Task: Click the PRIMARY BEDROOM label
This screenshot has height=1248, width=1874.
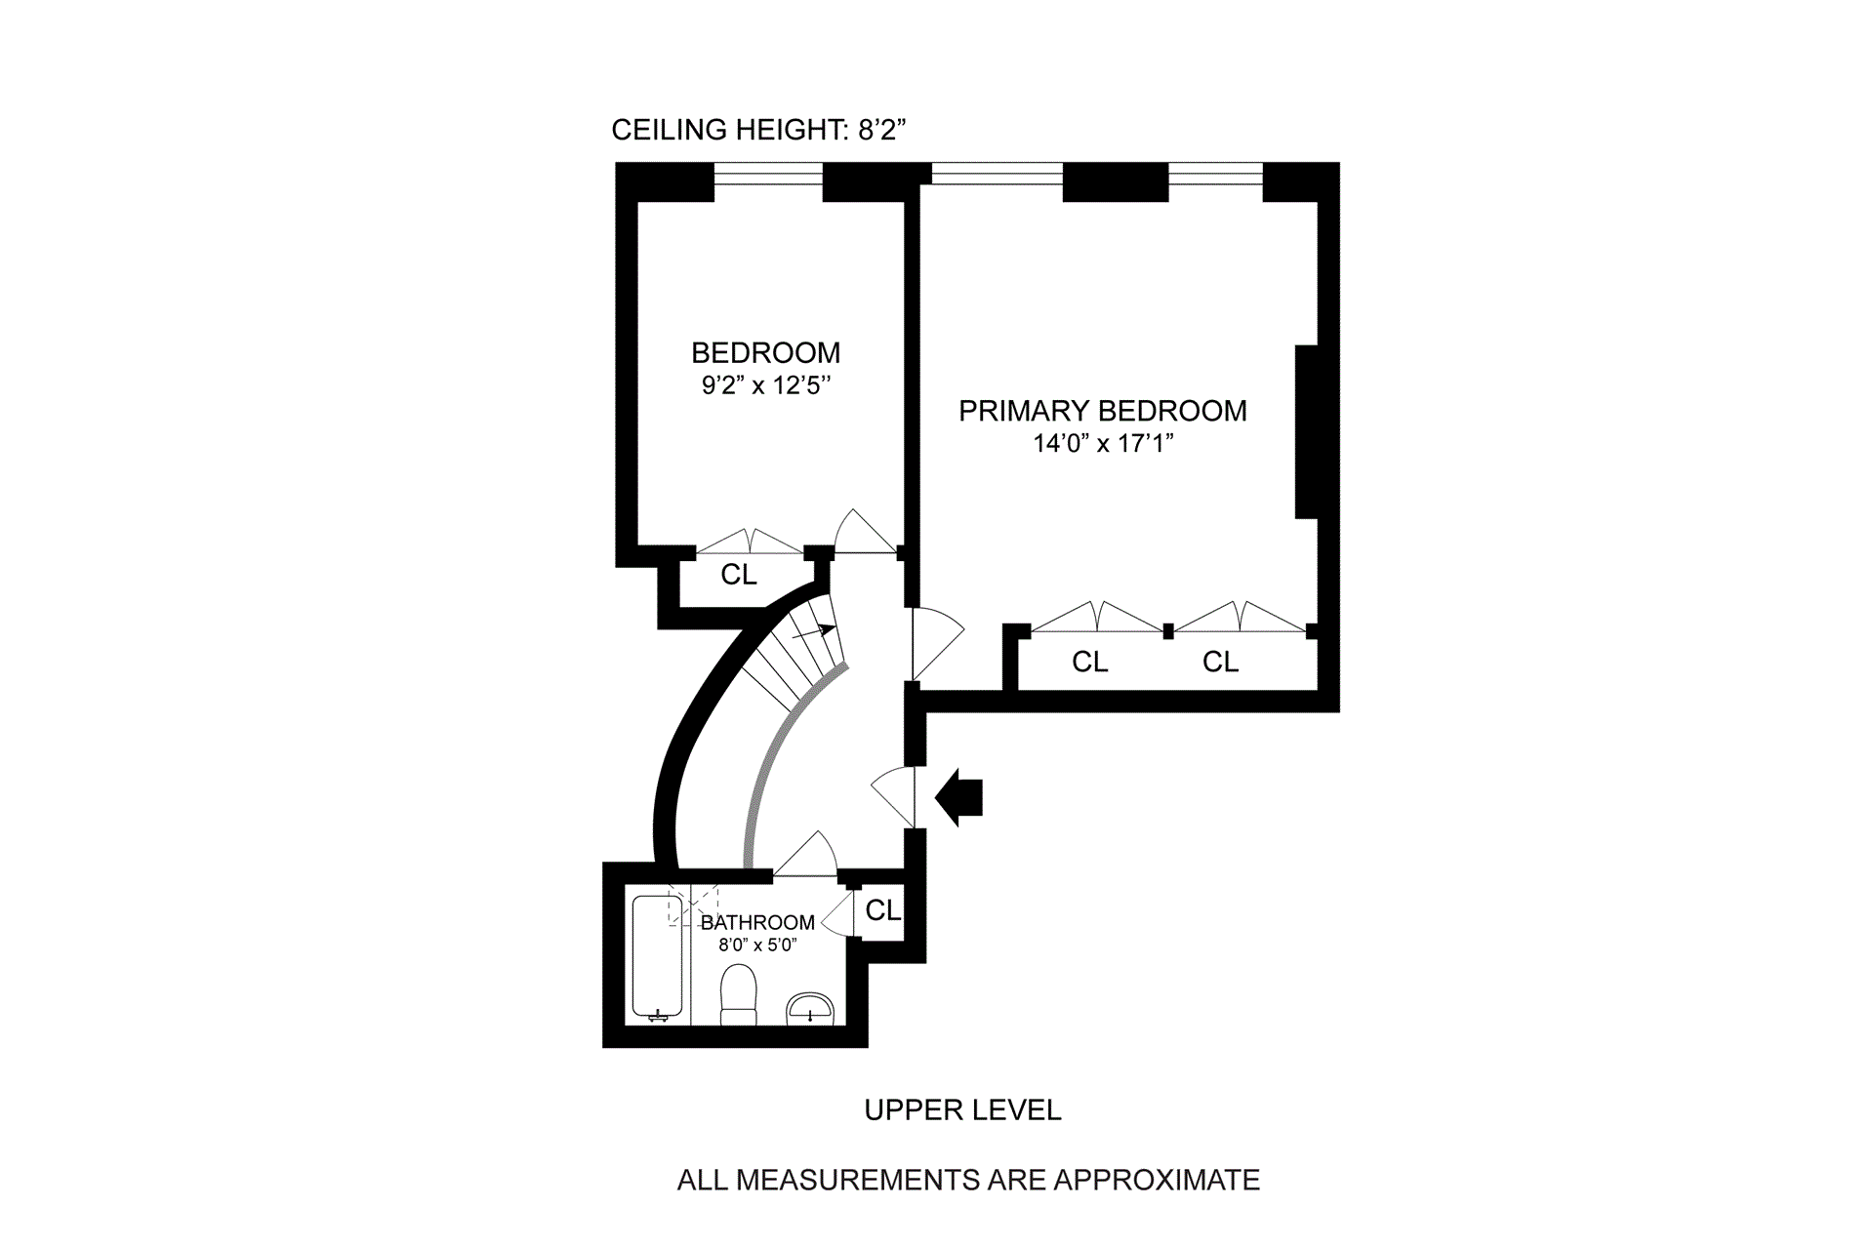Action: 1102,411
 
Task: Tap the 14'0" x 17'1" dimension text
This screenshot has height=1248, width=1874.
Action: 1102,444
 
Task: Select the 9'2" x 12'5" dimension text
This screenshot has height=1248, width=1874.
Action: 765,385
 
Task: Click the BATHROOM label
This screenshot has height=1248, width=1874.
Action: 757,922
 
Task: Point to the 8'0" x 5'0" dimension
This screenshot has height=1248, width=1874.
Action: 757,945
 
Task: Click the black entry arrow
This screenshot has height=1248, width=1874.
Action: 959,797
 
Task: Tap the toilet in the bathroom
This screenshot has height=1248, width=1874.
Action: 738,995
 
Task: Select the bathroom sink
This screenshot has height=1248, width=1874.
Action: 810,1009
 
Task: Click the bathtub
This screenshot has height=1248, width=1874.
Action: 657,959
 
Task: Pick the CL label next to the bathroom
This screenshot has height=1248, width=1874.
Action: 883,910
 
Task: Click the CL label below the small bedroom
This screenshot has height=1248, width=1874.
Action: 739,575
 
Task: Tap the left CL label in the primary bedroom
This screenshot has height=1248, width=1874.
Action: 1089,662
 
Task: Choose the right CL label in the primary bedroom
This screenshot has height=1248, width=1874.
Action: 1220,662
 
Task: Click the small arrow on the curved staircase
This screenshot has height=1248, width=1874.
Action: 815,632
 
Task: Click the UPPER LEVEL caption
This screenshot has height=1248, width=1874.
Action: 962,1109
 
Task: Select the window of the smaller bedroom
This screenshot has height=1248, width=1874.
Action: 768,175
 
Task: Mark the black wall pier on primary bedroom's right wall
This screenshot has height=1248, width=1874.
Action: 1307,431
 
